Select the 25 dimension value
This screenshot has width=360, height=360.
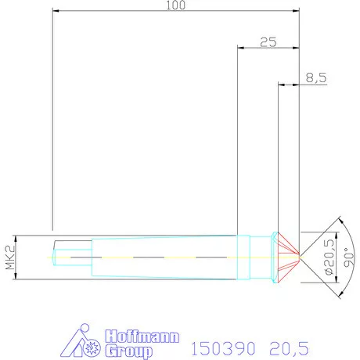[268, 43]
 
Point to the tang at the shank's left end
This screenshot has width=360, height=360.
[63, 256]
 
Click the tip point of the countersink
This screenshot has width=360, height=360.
[300, 256]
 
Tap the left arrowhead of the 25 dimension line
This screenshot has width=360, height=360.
[240, 49]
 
